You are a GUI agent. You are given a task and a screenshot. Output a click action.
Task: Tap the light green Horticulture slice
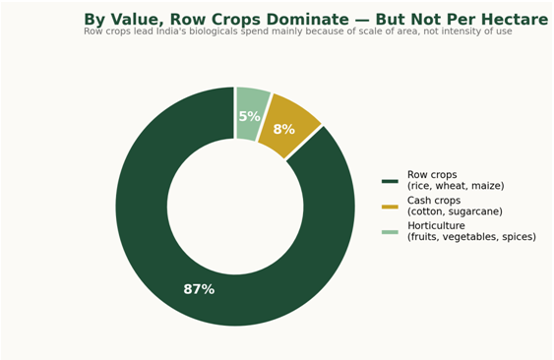250,114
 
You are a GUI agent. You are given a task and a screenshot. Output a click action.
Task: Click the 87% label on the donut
199,289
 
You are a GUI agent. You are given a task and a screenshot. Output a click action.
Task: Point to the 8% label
283,129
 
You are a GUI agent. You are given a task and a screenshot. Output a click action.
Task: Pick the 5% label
249,116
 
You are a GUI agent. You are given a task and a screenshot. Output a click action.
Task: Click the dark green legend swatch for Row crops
390,181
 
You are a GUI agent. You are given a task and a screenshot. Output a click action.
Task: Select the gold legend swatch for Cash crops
390,207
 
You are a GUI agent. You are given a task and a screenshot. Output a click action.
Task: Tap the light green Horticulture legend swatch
390,232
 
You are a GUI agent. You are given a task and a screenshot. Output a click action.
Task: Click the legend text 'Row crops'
432,175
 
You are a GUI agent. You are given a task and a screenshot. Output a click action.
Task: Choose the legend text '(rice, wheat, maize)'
456,186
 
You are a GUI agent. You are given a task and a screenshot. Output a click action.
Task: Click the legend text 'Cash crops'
434,201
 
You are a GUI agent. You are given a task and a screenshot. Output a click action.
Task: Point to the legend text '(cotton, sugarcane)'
455,211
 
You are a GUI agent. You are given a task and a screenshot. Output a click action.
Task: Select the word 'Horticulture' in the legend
436,226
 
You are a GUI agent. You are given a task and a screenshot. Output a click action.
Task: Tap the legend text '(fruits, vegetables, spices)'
471,237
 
